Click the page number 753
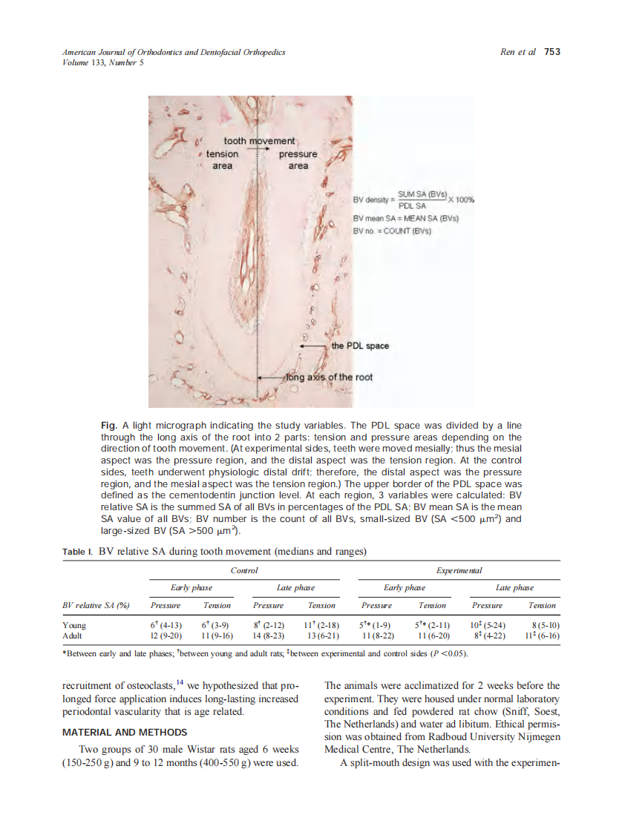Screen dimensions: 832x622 (x=551, y=52)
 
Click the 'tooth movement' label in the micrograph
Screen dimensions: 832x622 (x=259, y=141)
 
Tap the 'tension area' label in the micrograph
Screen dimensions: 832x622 (x=222, y=159)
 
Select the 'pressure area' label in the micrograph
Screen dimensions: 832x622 (x=298, y=159)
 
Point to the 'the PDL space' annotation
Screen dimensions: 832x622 (x=360, y=346)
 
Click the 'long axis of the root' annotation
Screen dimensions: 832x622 (x=330, y=377)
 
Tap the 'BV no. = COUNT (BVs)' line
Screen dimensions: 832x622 (x=392, y=231)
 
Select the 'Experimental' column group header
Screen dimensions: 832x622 (x=459, y=570)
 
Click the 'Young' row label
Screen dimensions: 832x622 (x=75, y=625)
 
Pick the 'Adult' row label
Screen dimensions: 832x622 (x=73, y=635)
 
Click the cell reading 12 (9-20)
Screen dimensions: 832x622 (x=166, y=635)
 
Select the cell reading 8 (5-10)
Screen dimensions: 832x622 (x=543, y=625)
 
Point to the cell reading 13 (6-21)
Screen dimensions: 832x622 (x=322, y=635)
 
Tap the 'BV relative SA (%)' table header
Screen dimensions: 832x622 (x=96, y=606)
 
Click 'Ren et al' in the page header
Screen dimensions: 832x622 (x=518, y=52)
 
